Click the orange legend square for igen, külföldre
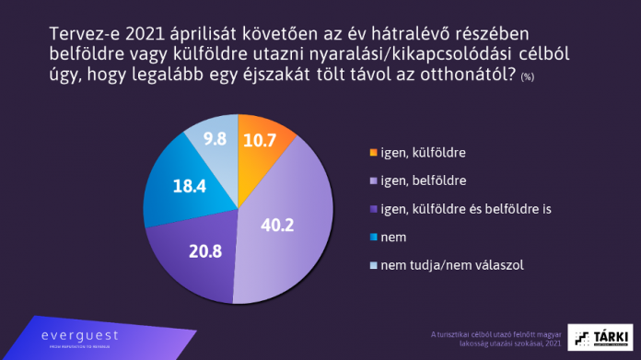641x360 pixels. pyautogui.click(x=372, y=151)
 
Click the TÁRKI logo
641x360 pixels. pyautogui.click(x=600, y=337)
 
